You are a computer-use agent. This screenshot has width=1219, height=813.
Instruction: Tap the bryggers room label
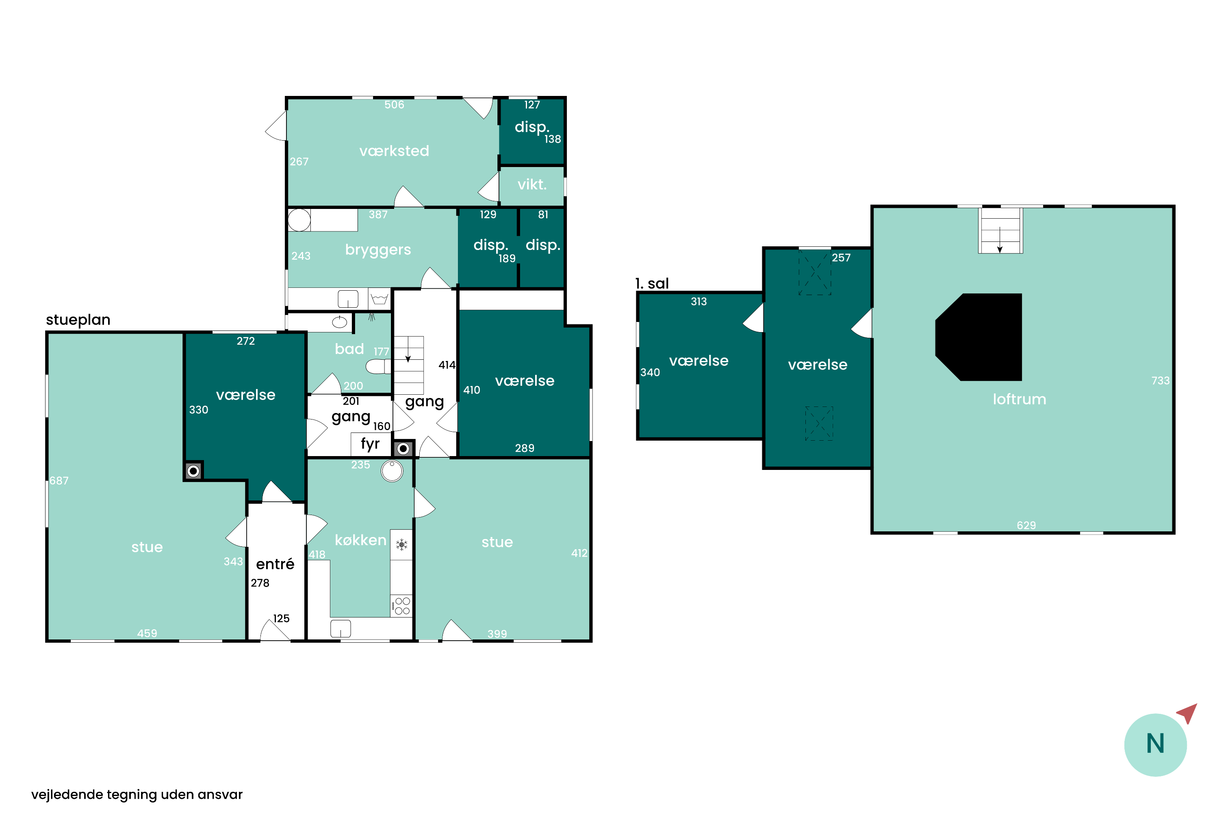click(378, 250)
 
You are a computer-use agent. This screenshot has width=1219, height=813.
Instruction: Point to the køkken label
click(361, 540)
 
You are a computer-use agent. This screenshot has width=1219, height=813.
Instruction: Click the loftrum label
click(1019, 399)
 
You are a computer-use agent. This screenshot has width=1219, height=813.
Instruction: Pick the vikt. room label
click(532, 184)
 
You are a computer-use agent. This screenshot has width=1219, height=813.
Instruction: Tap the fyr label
click(370, 444)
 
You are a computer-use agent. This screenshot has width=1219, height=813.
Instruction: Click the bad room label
click(349, 349)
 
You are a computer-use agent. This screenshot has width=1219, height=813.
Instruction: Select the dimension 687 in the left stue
click(59, 480)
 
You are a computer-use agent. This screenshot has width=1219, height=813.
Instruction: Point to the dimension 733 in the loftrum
click(1160, 380)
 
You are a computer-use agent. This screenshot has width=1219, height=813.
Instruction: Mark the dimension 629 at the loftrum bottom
click(1026, 525)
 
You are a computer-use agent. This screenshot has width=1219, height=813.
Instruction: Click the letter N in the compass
click(1155, 743)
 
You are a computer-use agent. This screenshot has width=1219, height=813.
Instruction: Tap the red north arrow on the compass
click(1187, 713)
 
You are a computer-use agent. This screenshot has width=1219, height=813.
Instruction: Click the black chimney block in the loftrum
click(978, 337)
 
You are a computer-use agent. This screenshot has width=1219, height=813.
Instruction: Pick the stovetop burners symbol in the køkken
click(401, 606)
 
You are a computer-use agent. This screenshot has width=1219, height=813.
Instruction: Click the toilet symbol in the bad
click(378, 367)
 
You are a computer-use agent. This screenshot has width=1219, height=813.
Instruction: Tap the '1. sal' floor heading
click(652, 284)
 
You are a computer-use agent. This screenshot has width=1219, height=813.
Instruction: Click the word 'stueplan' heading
click(78, 320)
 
